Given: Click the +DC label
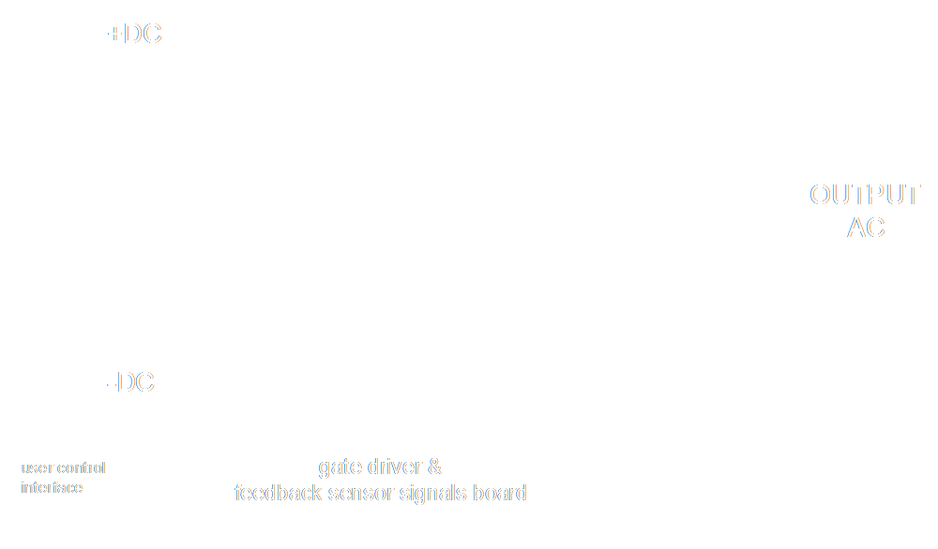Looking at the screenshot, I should [x=135, y=35].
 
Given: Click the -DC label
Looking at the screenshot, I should [x=130, y=384].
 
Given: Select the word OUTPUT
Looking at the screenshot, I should [x=865, y=195].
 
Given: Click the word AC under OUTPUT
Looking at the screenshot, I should [x=866, y=228].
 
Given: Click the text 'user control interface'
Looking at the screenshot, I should [x=64, y=477].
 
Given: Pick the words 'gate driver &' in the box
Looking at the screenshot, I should [x=380, y=466].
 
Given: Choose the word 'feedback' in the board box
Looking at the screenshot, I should [x=274, y=492].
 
